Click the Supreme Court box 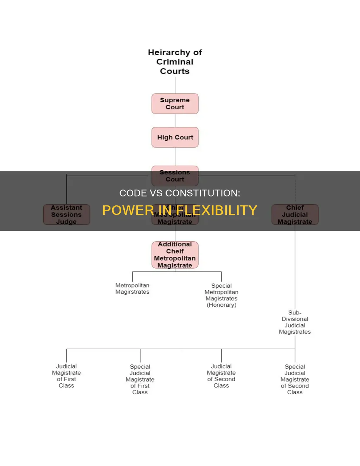point(175,104)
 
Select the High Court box point(175,138)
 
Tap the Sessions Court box point(175,176)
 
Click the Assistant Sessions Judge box point(66,215)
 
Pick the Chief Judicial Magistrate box point(295,215)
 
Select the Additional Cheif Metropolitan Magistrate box point(175,255)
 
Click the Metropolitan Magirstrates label point(132,289)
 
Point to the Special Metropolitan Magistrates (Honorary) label point(221,295)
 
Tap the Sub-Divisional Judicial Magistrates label point(295,322)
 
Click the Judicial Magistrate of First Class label point(66,376)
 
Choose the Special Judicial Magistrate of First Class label point(140,379)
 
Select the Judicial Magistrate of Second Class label point(221,376)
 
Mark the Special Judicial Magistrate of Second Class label point(295,379)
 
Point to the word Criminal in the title point(175,62)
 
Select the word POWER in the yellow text point(128,210)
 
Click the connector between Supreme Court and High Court point(175,121)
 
